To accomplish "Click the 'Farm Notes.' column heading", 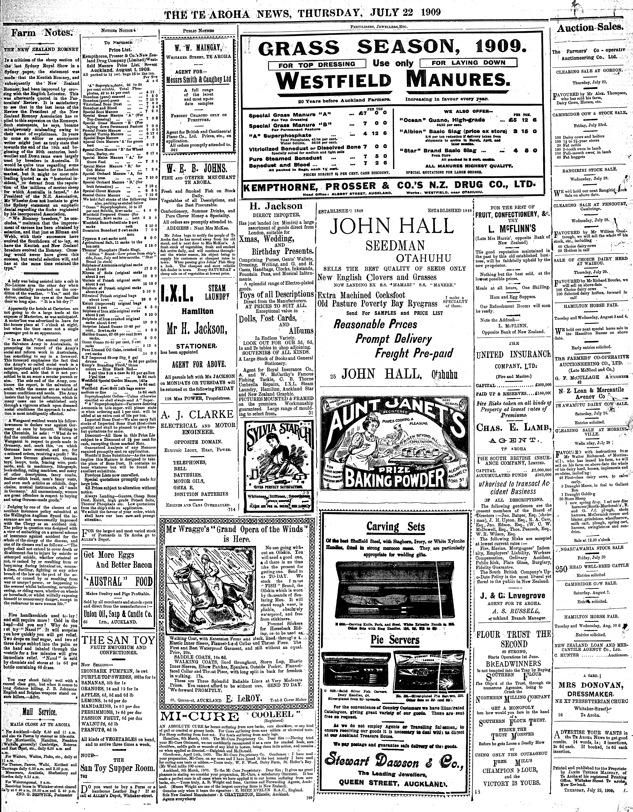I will pyautogui.click(x=41, y=33).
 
